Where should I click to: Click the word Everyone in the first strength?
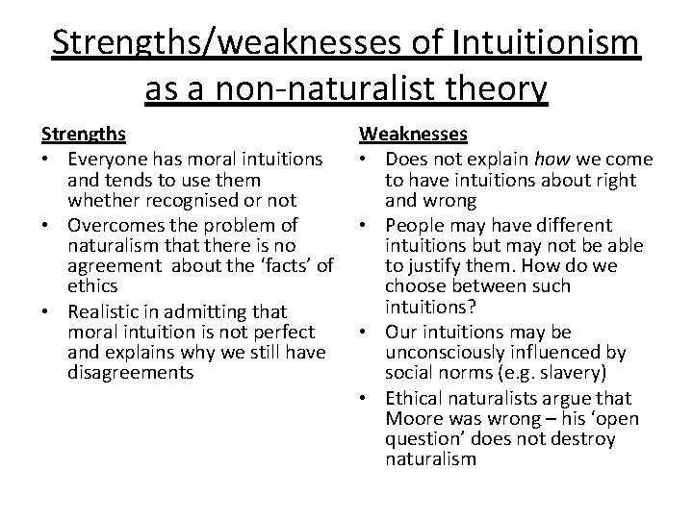point(107,159)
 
